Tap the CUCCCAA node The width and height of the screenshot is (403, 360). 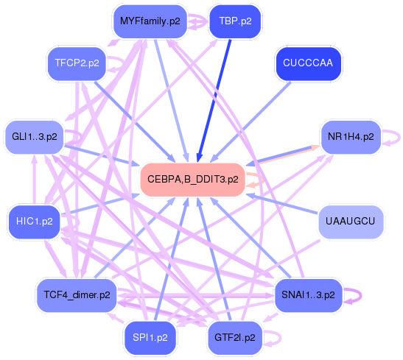[x=307, y=63]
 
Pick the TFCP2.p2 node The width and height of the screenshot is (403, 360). [x=77, y=63]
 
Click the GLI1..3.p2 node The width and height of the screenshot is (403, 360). [x=35, y=137]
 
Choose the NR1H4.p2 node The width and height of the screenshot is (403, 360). [x=350, y=137]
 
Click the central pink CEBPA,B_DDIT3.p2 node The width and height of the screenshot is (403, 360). [x=192, y=179]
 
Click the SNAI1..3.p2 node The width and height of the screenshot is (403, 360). [x=308, y=294]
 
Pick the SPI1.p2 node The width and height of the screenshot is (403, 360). [x=150, y=337]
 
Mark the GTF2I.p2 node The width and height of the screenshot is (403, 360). [x=234, y=337]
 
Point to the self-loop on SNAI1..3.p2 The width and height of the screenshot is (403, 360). [x=353, y=294]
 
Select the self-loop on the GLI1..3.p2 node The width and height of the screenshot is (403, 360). [x=74, y=137]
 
